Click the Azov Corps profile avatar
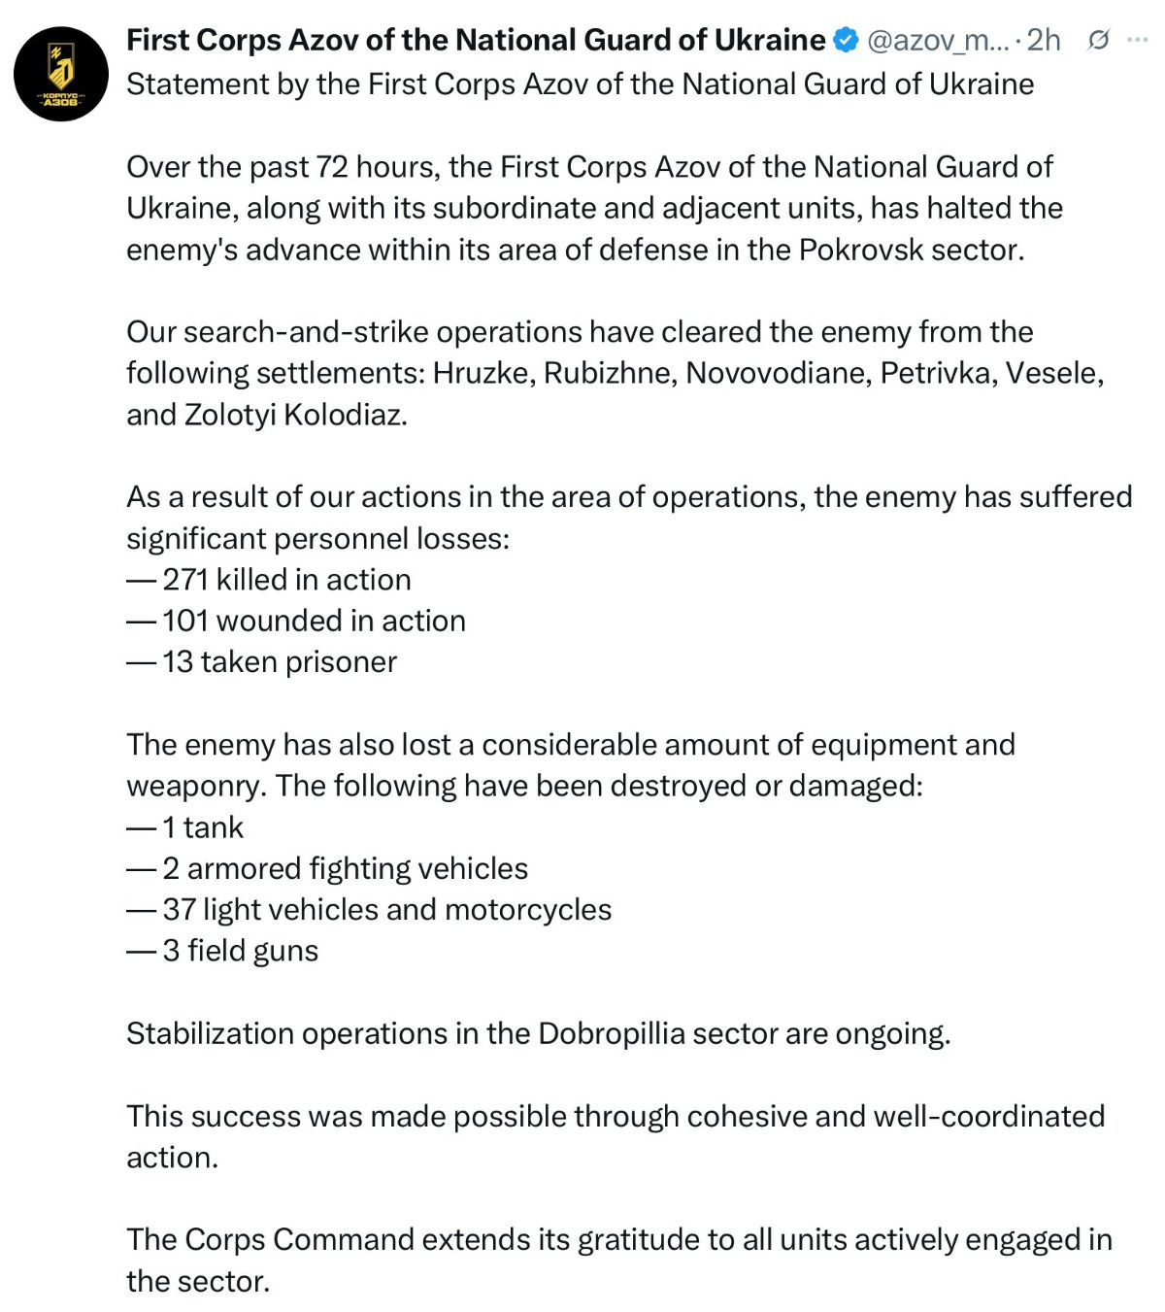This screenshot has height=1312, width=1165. (x=60, y=74)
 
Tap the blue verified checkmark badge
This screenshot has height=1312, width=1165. (x=846, y=41)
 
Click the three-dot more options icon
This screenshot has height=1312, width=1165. (x=1137, y=41)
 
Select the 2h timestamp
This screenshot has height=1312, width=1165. (x=1044, y=41)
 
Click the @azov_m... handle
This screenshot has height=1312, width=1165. (x=936, y=41)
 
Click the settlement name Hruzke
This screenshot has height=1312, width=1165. (x=483, y=373)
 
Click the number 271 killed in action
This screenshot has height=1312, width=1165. (x=185, y=580)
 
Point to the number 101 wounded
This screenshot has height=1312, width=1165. (x=185, y=621)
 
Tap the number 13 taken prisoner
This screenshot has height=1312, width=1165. (x=178, y=662)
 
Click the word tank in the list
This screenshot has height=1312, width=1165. (x=214, y=827)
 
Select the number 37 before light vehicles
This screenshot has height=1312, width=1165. (x=180, y=910)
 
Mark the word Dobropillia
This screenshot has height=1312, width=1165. (x=612, y=1033)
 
